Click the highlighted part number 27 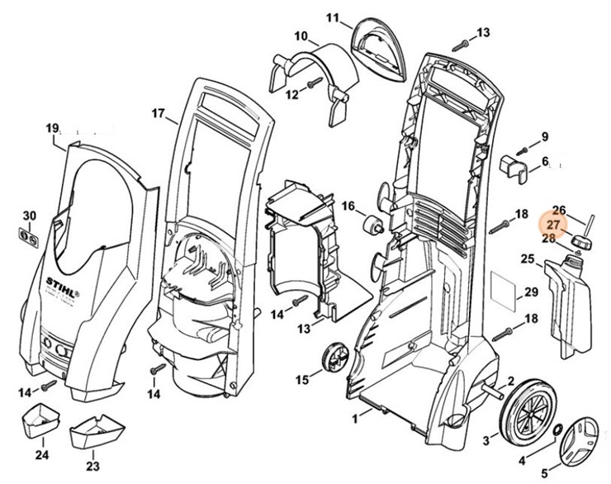[553, 225]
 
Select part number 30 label [30, 216]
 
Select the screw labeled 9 [523, 151]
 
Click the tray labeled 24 [39, 420]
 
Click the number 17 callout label [159, 113]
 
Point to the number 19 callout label [52, 128]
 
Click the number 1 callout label [356, 419]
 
